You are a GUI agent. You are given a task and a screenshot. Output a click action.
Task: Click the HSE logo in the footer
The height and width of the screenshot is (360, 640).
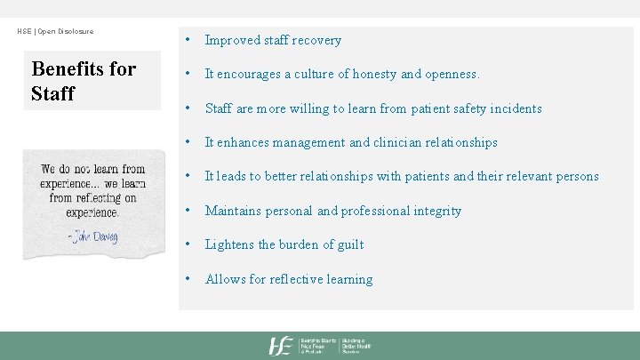click(x=282, y=346)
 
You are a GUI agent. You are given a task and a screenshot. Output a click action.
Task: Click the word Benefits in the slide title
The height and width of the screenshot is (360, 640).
click(x=72, y=69)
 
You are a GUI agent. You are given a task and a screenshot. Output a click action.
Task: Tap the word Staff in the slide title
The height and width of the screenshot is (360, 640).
click(x=52, y=92)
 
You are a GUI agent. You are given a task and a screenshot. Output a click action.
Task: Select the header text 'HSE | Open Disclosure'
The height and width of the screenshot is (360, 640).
click(x=55, y=32)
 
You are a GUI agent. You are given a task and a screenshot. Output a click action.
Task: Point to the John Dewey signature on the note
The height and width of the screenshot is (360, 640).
click(x=92, y=236)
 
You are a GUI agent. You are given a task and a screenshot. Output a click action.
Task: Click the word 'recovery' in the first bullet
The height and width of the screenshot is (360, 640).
click(x=316, y=40)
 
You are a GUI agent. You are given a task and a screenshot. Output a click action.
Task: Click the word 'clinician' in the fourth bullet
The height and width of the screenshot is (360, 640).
click(x=396, y=142)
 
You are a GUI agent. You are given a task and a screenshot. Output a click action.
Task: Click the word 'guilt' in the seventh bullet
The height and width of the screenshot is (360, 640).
click(x=348, y=244)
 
